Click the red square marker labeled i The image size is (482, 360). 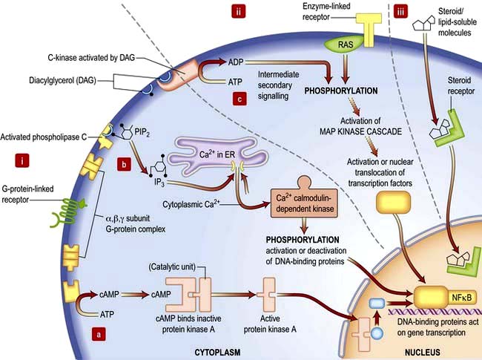pos(22,158)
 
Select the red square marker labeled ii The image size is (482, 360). pos(238,11)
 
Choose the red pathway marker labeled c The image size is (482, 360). pos(237,98)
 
